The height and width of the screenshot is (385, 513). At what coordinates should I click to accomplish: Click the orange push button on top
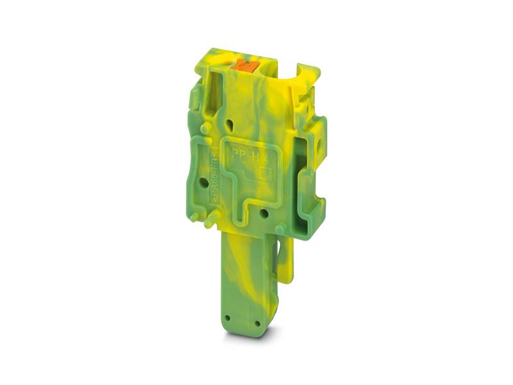(x=244, y=64)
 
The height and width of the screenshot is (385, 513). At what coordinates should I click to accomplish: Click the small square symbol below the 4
(x=269, y=171)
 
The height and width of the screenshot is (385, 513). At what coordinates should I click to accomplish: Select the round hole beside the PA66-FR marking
(x=203, y=182)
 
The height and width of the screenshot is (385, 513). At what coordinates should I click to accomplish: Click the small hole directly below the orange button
(x=230, y=121)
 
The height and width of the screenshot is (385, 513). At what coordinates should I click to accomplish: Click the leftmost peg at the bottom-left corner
(x=194, y=218)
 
